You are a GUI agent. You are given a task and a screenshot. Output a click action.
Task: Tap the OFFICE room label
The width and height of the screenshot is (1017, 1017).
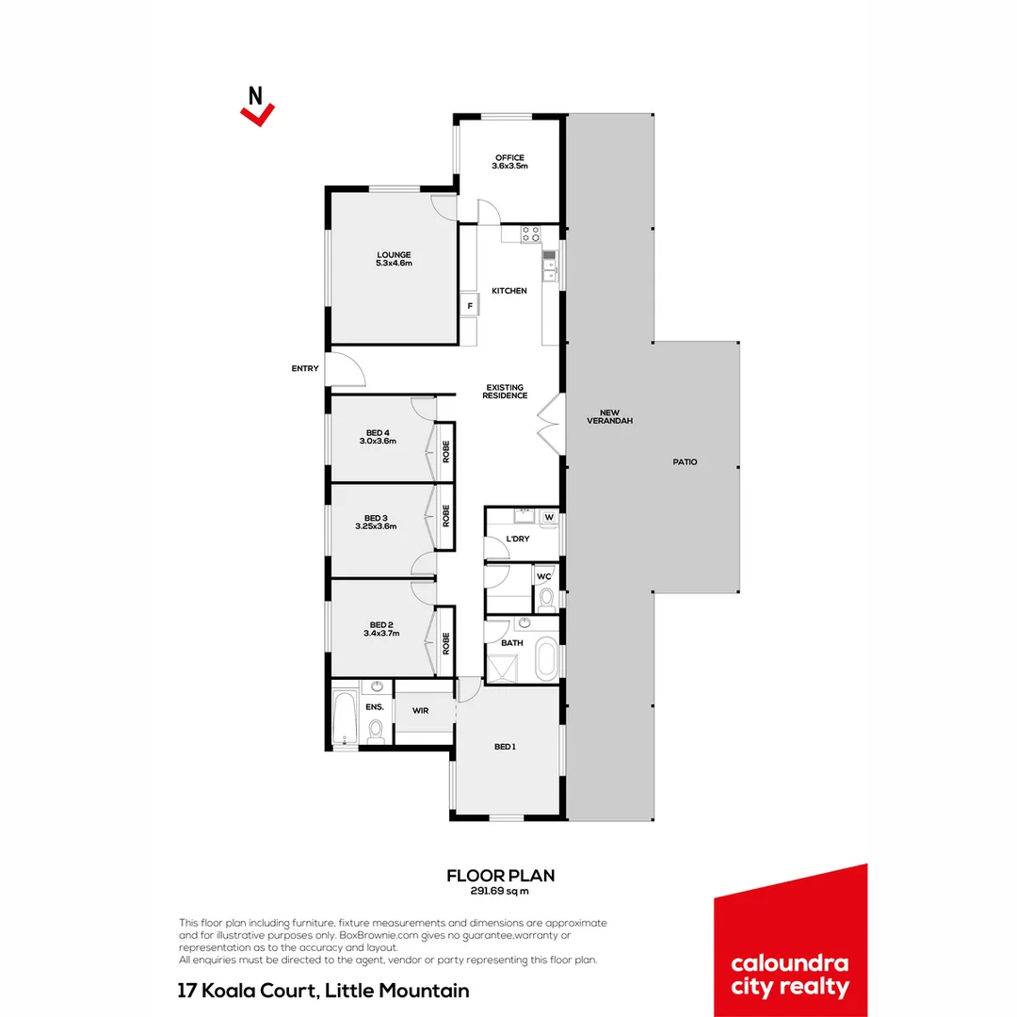coord(509,157)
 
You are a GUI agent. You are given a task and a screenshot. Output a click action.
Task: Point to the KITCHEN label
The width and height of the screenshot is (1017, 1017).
coord(509,291)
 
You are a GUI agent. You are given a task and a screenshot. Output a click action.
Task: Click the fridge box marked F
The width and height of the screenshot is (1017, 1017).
coord(468,305)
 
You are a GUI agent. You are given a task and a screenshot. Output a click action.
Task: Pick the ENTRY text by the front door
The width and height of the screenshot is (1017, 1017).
coord(305,368)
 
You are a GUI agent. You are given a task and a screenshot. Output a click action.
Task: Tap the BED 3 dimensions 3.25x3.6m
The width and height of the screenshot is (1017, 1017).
coord(376,526)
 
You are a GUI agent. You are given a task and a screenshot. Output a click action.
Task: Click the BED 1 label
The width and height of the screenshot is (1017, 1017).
coord(505,747)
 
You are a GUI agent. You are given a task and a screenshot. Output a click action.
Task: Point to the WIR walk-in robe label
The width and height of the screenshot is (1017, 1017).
coord(420,711)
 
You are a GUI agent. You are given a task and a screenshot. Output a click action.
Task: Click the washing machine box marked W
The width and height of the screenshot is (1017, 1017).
coord(548,516)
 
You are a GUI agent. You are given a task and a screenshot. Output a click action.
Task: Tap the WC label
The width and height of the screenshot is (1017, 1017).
coord(543,576)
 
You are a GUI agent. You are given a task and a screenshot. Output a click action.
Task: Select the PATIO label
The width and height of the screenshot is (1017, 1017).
coord(685,461)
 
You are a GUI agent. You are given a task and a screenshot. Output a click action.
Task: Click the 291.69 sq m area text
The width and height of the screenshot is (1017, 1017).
coord(500,890)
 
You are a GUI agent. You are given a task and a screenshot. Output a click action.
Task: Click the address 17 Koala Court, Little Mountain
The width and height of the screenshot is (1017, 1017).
coord(324,991)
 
